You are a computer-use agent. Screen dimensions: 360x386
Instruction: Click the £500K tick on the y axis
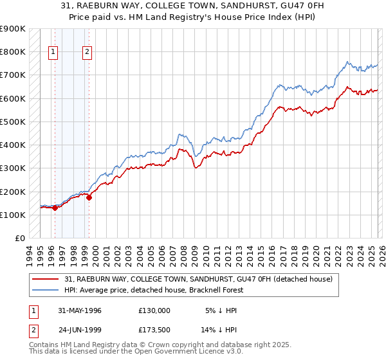(x=12, y=122)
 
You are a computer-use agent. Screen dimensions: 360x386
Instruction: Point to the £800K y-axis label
(x=12, y=51)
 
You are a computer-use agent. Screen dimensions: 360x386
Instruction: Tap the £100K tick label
(x=12, y=215)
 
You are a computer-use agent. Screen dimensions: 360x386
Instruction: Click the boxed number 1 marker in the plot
(x=53, y=53)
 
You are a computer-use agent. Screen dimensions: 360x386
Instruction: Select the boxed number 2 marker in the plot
(x=87, y=53)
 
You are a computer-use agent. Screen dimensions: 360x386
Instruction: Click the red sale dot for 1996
(x=55, y=208)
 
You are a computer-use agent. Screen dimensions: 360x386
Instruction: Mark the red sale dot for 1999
(x=89, y=198)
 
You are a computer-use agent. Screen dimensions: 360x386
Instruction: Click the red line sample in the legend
(x=45, y=279)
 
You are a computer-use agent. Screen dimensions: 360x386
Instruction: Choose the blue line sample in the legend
(x=45, y=290)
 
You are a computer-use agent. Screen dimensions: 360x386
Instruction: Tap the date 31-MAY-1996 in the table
(x=80, y=310)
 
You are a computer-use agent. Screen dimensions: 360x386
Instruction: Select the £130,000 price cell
(x=154, y=310)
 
